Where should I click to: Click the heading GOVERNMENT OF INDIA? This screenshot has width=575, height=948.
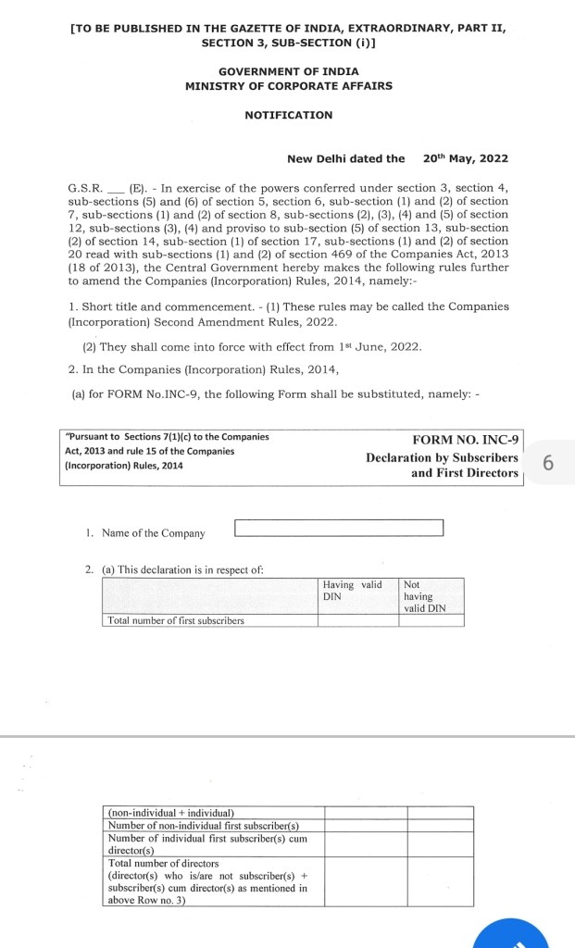click(288, 71)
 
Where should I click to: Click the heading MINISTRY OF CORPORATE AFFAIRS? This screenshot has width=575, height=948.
click(288, 86)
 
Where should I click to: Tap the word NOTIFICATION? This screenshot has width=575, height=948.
click(288, 116)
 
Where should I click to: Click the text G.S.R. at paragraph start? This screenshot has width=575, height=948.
click(85, 188)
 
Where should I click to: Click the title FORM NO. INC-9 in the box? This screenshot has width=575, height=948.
click(467, 440)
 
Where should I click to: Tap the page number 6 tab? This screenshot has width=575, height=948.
click(548, 463)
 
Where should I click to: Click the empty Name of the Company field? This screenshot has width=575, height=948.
click(339, 529)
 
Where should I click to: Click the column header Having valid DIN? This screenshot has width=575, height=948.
click(352, 591)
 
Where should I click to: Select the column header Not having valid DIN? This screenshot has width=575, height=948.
click(425, 596)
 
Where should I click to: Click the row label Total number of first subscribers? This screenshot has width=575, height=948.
click(176, 620)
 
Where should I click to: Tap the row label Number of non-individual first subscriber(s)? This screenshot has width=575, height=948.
click(204, 825)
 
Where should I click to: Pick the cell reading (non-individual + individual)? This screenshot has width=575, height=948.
click(171, 812)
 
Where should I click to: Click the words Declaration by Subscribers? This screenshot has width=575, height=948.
click(442, 457)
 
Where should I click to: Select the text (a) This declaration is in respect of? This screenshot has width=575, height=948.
click(182, 570)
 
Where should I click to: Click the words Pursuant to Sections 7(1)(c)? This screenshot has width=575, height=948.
click(130, 437)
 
